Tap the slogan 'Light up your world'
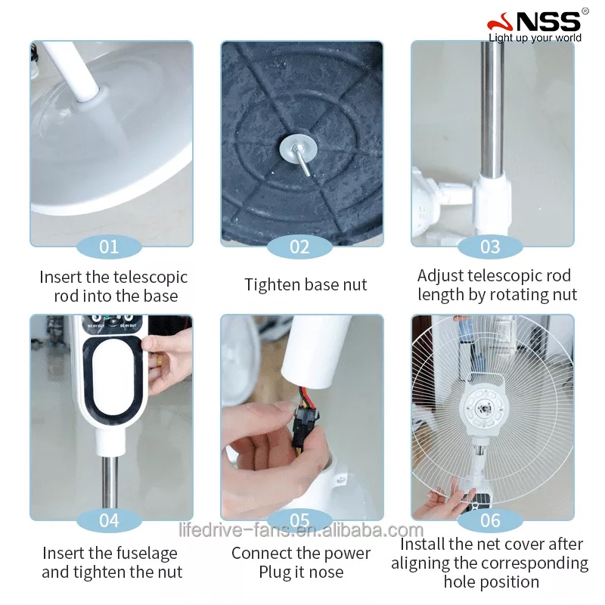(x=535, y=38)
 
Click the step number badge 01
(x=110, y=247)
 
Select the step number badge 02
(x=300, y=247)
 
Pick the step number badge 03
(x=490, y=247)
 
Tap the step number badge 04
(x=110, y=520)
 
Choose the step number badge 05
(x=300, y=520)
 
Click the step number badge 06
(x=490, y=520)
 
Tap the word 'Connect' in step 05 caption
(x=262, y=554)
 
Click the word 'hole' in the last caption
(x=461, y=582)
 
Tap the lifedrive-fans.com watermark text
(x=301, y=529)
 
